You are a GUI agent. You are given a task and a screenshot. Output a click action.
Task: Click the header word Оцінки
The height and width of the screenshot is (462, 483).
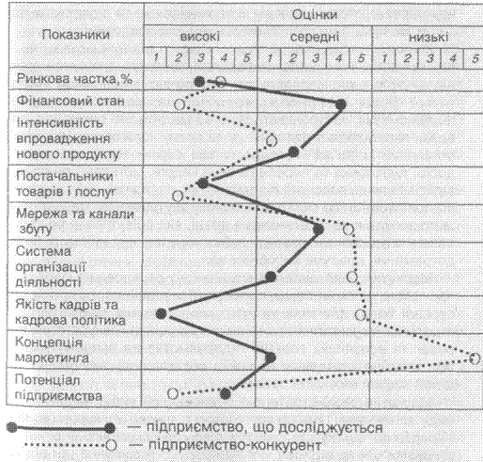(x=315, y=15)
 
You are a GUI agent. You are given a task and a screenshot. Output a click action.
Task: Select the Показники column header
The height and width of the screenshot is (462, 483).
(x=76, y=35)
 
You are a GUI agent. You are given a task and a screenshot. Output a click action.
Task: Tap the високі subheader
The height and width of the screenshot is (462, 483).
(x=200, y=37)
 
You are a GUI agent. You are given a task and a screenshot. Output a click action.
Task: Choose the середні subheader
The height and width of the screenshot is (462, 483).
(x=315, y=37)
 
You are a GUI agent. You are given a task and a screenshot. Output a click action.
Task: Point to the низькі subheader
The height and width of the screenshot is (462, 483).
(x=428, y=38)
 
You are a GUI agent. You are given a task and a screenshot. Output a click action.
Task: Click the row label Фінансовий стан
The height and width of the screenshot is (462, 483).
(x=70, y=101)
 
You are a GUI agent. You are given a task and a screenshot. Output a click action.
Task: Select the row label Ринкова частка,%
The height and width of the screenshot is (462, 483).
(x=74, y=79)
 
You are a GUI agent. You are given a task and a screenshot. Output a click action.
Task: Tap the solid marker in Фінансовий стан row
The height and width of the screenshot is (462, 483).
(x=340, y=104)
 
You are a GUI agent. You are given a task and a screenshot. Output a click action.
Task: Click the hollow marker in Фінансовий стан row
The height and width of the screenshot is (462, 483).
(x=179, y=104)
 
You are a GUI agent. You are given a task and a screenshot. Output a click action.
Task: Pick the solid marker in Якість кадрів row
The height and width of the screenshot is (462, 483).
(x=162, y=313)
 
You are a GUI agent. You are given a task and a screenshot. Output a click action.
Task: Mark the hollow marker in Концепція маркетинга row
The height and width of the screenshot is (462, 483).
(x=475, y=358)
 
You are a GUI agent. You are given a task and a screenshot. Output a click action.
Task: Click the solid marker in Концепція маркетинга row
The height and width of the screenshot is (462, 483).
(x=271, y=358)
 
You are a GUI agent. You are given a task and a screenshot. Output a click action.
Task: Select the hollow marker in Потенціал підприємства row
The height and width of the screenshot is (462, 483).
(x=173, y=393)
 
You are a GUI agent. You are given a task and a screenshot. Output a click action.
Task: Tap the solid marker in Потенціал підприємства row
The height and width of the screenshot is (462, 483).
(x=226, y=393)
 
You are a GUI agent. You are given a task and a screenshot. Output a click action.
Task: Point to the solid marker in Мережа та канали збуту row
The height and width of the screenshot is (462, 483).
(x=319, y=230)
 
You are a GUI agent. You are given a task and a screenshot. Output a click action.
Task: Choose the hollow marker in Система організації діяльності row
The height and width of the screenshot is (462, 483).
(x=352, y=277)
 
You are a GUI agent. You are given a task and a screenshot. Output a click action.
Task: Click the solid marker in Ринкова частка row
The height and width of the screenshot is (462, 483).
(x=199, y=82)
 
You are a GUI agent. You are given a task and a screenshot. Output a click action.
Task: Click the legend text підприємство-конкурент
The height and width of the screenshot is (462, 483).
(x=235, y=445)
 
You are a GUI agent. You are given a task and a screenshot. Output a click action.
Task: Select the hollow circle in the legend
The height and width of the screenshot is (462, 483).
(x=111, y=445)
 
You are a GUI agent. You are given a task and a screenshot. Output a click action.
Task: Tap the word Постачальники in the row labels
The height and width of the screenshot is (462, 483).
(x=65, y=176)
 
